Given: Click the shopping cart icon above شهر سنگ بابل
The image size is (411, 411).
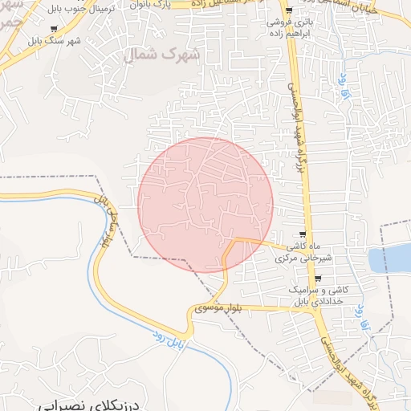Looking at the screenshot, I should (x=54, y=30).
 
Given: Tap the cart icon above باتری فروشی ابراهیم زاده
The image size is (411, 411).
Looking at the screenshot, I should (x=289, y=11).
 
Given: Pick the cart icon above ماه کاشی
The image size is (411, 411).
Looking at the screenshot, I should (x=304, y=234).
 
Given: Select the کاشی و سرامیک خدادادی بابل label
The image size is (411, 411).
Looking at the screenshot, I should (x=318, y=295).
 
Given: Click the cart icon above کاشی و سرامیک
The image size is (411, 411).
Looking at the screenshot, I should (x=318, y=279).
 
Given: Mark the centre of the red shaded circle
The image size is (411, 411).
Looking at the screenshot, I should (x=205, y=205).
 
